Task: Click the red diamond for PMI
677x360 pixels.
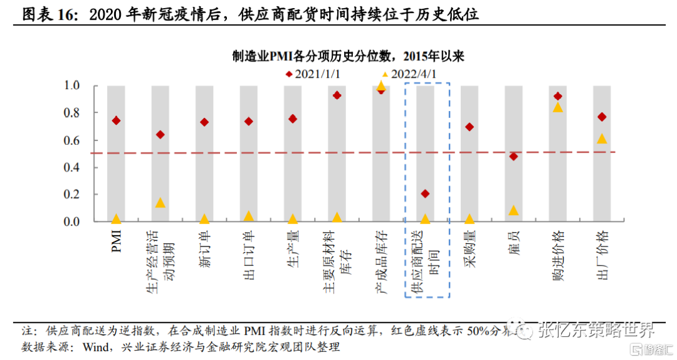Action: click(116, 120)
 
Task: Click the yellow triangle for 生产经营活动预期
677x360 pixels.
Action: click(160, 203)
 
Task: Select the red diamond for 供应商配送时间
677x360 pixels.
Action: click(426, 194)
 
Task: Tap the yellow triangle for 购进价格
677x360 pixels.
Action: click(558, 107)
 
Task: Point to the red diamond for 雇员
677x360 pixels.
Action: click(514, 156)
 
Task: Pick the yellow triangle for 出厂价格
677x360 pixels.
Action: click(602, 139)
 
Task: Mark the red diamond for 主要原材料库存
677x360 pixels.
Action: click(337, 95)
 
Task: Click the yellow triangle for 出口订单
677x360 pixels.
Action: click(249, 216)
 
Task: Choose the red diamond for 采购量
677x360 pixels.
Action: click(470, 127)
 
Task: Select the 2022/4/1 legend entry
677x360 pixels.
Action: click(408, 73)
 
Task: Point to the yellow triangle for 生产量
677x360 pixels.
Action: click(293, 219)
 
